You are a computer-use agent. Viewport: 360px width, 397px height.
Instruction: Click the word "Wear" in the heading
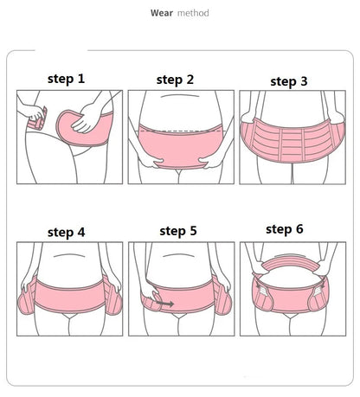[x=162, y=13]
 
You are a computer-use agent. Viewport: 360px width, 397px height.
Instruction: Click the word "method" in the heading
[x=192, y=13]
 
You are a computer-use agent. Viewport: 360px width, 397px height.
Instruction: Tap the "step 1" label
[x=66, y=79]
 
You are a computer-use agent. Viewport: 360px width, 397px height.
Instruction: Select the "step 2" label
[x=175, y=80]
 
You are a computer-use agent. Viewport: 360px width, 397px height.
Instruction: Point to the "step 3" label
[x=288, y=81]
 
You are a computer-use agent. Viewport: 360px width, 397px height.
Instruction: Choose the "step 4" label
[x=67, y=232]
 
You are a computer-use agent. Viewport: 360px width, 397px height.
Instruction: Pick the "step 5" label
[x=178, y=231]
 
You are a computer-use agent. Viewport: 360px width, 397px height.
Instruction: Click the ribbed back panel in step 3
[x=287, y=141]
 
